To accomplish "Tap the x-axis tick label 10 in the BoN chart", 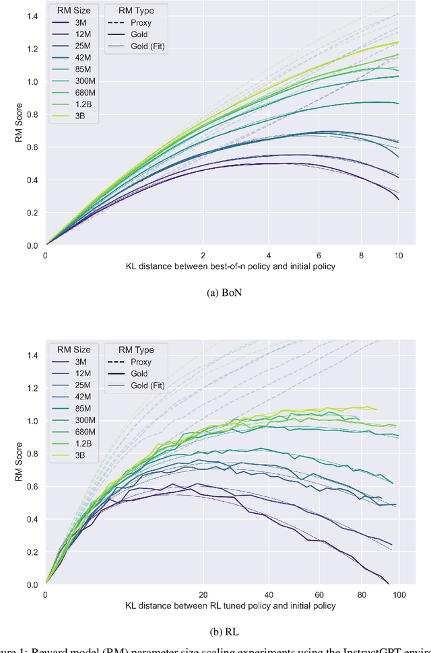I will (399, 256).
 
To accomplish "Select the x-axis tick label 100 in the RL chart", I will (399, 595).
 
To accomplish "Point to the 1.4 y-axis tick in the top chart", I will (32, 16).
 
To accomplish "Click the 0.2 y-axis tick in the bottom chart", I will (32, 551).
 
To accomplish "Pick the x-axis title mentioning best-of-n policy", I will (222, 266).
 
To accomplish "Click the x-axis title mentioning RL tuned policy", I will (222, 606).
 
